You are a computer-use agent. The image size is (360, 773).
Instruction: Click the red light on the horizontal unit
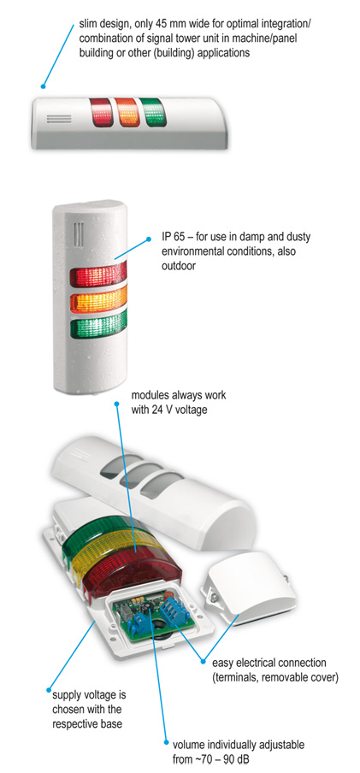click(x=101, y=112)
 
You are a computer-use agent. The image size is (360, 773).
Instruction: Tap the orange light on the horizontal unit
click(x=127, y=112)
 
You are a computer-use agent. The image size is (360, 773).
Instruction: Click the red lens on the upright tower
click(x=98, y=275)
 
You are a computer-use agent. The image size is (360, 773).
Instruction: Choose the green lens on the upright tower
click(x=98, y=322)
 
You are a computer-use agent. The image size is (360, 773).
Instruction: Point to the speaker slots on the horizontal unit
click(x=59, y=120)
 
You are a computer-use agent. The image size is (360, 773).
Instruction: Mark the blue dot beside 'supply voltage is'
click(x=49, y=689)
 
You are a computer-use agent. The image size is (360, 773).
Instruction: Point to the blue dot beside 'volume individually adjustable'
click(x=166, y=743)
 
